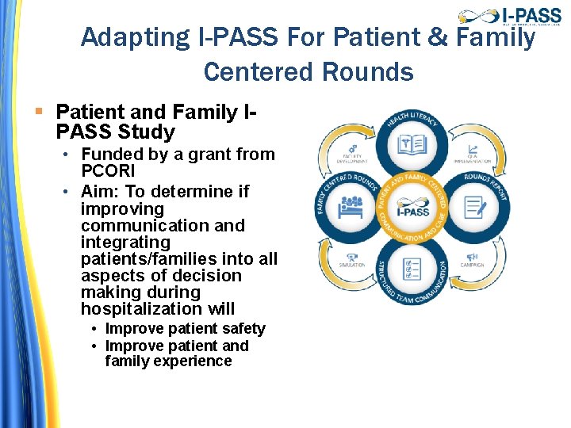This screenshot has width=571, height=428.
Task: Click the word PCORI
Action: click(109, 171)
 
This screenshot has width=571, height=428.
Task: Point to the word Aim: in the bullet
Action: click(102, 192)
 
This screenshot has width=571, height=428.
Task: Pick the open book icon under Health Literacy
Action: click(412, 146)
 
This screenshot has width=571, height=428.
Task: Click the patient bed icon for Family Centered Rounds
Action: click(351, 208)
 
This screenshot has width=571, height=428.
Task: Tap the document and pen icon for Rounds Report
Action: click(474, 208)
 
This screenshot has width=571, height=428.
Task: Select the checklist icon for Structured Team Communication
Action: click(412, 269)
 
